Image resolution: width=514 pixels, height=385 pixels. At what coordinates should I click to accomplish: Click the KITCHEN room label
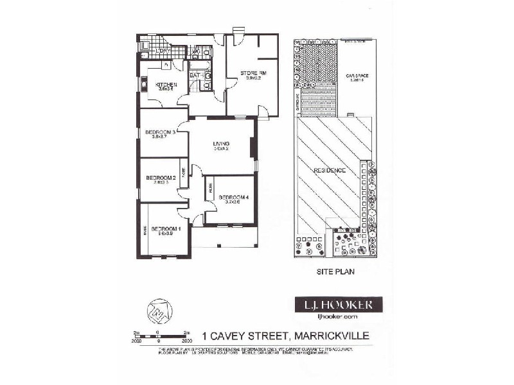click(166, 85)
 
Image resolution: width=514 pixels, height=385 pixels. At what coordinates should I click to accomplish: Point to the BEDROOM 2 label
click(161, 178)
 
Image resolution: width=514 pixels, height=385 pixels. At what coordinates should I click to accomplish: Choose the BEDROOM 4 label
click(233, 197)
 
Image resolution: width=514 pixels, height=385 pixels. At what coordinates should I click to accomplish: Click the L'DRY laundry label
click(163, 50)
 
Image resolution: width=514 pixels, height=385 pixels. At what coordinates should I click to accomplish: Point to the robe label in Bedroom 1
click(146, 229)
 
